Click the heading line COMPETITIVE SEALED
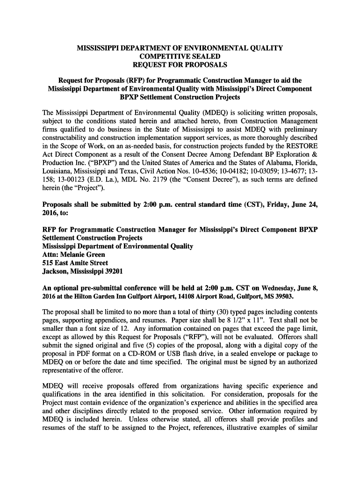tap(180, 56)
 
